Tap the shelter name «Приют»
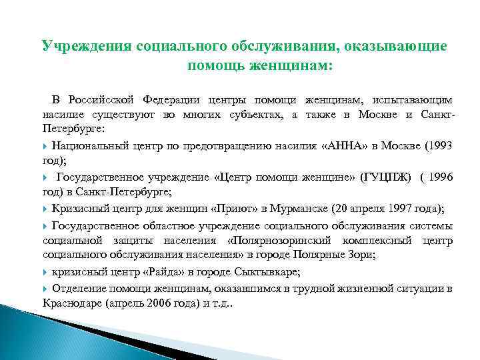pyautogui.click(x=216, y=207)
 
